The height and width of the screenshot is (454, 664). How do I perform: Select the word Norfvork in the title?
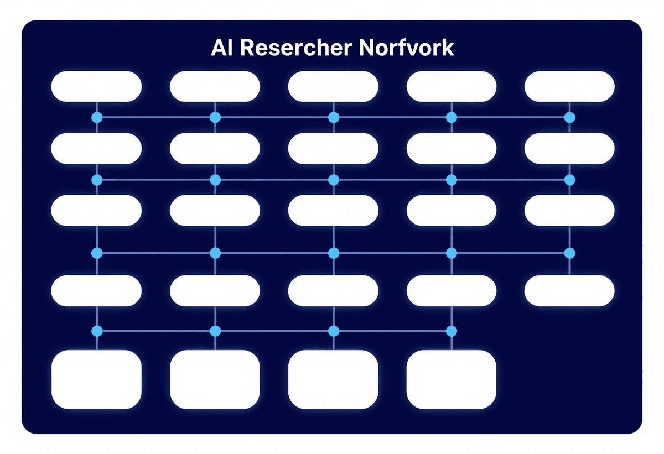tap(406, 48)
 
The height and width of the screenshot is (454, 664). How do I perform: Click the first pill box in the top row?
tap(96, 86)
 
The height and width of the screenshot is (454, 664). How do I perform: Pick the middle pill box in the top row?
tap(333, 86)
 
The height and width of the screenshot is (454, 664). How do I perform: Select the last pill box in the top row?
tap(569, 86)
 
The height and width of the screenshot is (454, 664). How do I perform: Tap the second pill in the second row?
tap(215, 149)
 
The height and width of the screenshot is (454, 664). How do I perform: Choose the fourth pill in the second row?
tap(451, 149)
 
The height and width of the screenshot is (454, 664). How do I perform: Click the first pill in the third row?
tap(96, 211)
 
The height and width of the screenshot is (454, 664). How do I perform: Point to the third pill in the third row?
tap(333, 211)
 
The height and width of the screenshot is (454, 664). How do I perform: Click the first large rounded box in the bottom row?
tap(96, 379)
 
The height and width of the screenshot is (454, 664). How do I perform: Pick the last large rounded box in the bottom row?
tap(451, 379)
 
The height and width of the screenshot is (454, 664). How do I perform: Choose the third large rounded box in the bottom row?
tap(333, 379)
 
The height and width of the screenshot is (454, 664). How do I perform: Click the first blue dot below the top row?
tap(97, 117)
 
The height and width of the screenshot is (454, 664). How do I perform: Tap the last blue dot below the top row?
tap(569, 117)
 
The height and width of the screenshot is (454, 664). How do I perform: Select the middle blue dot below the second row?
tap(333, 180)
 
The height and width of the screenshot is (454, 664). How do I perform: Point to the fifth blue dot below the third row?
tap(569, 253)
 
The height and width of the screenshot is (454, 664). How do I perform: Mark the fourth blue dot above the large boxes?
tap(451, 331)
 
